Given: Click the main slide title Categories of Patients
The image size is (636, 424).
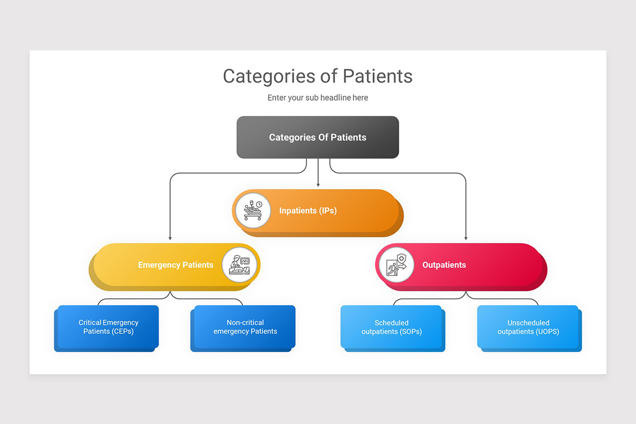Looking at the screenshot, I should coord(317,76).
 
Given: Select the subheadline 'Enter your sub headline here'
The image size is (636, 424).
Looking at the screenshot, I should coord(317,98).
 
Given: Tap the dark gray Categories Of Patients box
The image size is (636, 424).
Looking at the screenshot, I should coord(317,137).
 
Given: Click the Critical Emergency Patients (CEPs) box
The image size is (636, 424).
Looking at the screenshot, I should coord(108,327).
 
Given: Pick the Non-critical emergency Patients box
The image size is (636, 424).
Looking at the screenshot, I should coord(245,327).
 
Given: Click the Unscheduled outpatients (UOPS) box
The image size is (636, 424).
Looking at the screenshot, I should coord(528,327).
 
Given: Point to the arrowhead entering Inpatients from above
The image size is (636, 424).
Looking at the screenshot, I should coord(318,185).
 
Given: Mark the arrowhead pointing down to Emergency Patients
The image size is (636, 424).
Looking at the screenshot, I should coord(170,238).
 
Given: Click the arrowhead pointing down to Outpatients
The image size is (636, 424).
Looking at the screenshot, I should coord(466,238).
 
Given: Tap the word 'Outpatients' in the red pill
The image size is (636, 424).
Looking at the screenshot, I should coord(444,265).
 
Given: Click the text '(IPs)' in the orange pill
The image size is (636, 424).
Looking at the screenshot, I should coord(328,211).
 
